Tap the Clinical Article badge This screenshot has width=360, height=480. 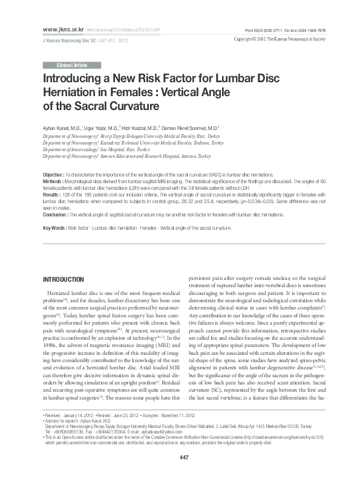72,64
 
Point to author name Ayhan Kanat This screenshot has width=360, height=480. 61,129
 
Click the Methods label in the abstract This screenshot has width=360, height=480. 53,181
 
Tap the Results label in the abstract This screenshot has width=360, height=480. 52,195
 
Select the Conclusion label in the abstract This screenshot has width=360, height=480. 56,215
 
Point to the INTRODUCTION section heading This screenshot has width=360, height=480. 62,279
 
